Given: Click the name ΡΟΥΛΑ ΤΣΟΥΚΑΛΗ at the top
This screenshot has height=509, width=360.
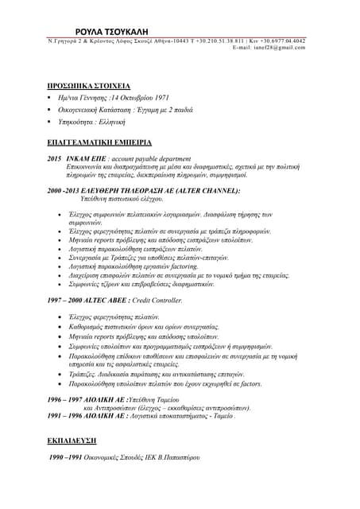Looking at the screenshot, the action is pyautogui.click(x=180, y=26).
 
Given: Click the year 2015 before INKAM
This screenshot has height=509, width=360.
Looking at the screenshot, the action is pyautogui.click(x=54, y=159).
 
